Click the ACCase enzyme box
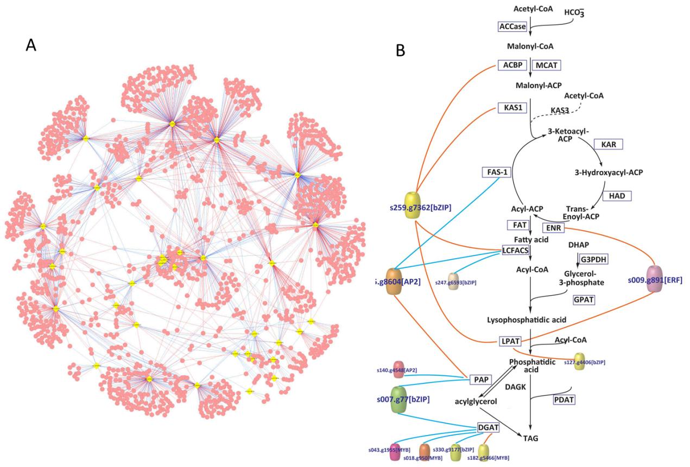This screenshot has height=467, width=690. click(x=513, y=27)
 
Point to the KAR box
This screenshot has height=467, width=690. click(x=608, y=144)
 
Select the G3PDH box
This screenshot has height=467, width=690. click(x=593, y=259)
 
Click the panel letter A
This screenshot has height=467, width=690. click(x=31, y=46)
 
